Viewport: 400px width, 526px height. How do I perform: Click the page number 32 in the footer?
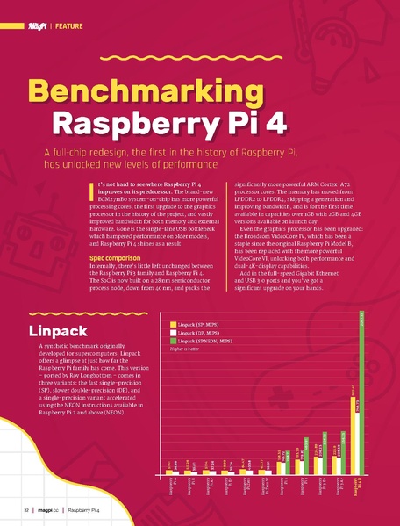pyautogui.click(x=26, y=510)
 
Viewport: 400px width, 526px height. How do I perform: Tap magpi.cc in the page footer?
pyautogui.click(x=48, y=510)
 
